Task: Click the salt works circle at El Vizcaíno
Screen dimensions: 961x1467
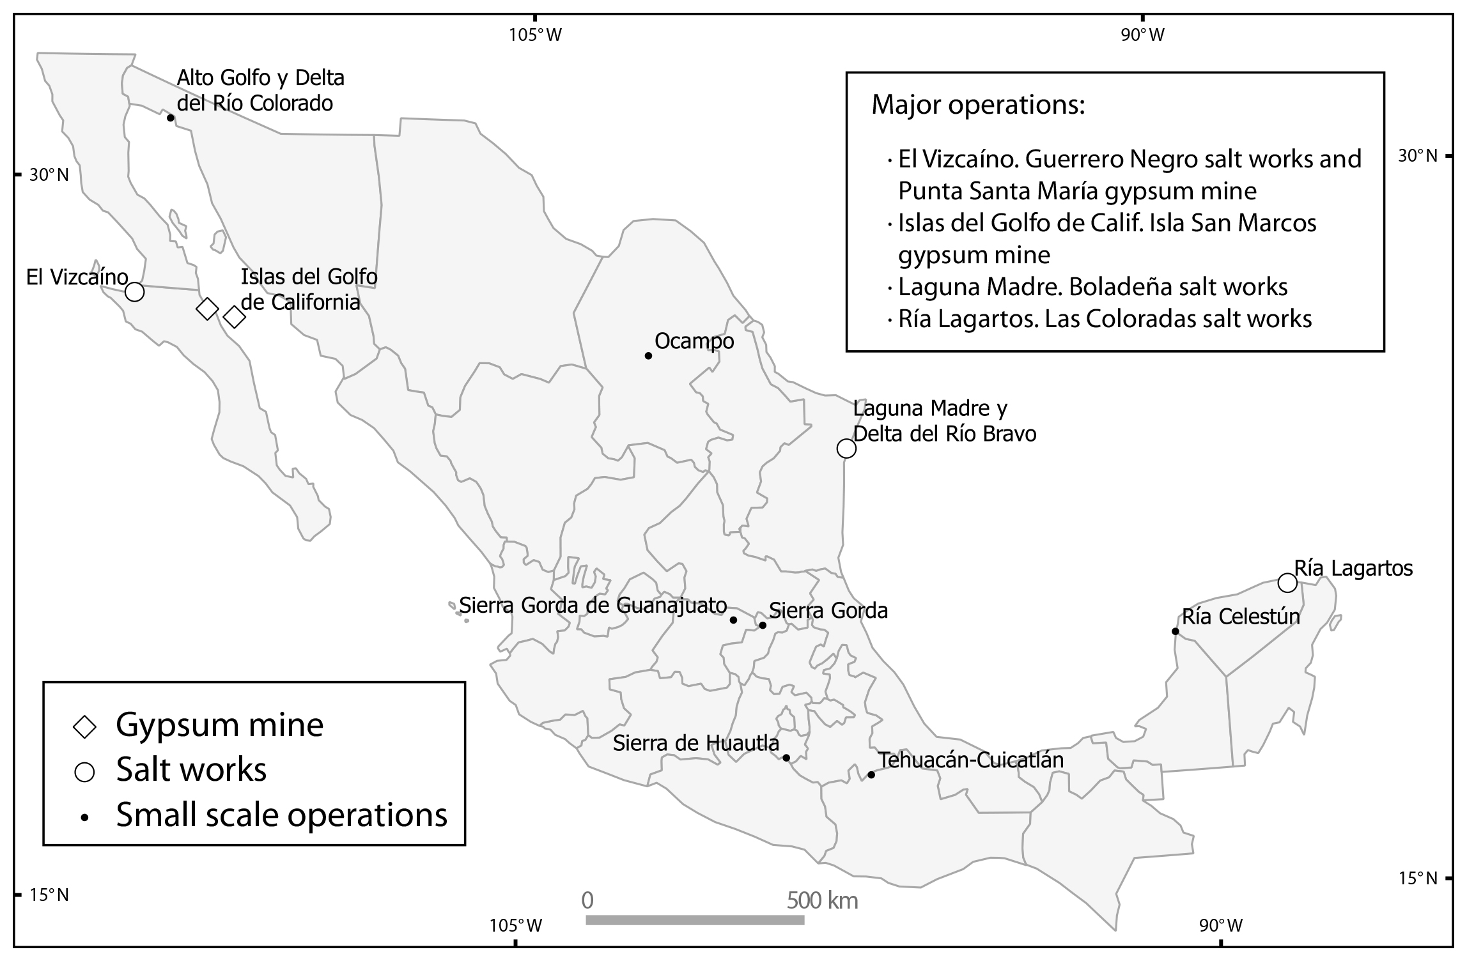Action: pos(134,292)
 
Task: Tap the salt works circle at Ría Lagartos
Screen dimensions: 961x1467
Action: pos(1287,583)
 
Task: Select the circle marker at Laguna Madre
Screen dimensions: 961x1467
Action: pos(846,449)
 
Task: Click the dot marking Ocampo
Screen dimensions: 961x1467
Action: pos(648,356)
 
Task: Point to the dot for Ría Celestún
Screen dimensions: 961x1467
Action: pos(1175,631)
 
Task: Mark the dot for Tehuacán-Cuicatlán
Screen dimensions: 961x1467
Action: pos(871,775)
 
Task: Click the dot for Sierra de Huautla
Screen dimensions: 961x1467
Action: pos(786,758)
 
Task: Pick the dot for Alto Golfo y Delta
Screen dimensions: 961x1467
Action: pos(171,118)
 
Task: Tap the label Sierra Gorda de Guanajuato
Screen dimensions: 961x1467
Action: pos(593,605)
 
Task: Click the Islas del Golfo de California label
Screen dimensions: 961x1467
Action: pos(309,289)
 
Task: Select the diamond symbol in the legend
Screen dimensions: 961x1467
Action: pos(85,727)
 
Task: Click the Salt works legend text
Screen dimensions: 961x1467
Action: pos(191,769)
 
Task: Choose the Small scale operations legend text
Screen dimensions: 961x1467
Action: pos(281,815)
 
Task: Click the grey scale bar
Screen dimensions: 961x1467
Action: pos(695,920)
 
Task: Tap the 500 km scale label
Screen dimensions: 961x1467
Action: pos(822,901)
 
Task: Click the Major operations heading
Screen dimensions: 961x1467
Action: pos(978,105)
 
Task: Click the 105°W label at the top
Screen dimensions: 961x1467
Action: pos(535,35)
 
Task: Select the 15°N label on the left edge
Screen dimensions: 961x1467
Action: pos(49,895)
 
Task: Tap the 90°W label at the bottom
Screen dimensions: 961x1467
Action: pos(1220,925)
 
